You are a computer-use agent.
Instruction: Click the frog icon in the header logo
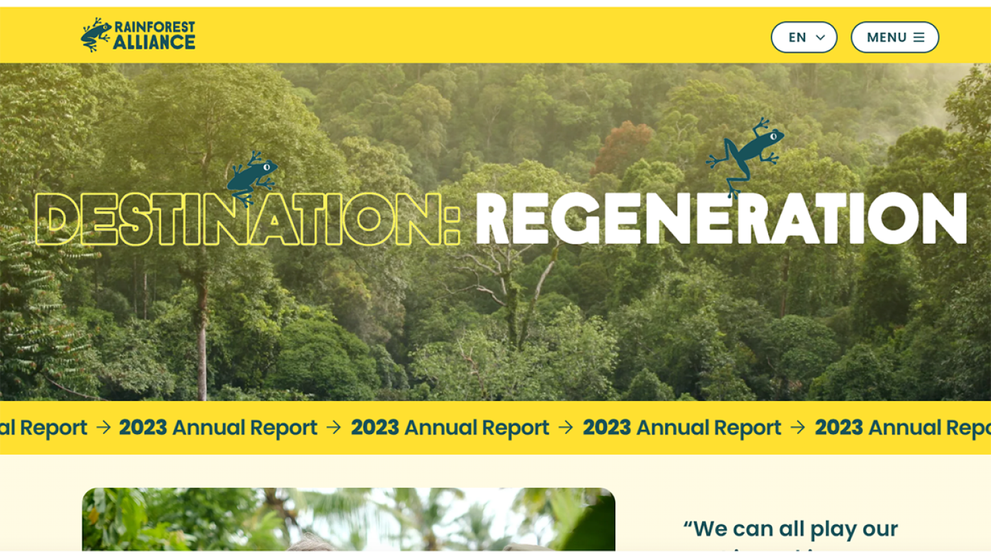96,35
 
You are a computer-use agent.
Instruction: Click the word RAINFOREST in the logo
154,27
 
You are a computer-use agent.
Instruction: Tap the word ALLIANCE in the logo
154,43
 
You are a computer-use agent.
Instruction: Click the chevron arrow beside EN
820,38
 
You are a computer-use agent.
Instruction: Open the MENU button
895,37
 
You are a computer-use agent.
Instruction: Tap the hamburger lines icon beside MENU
919,37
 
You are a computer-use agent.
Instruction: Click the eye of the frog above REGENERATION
773,136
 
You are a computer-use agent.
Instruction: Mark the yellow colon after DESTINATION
451,220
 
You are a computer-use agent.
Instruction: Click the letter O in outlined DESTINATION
369,219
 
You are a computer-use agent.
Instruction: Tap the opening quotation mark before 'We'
688,525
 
